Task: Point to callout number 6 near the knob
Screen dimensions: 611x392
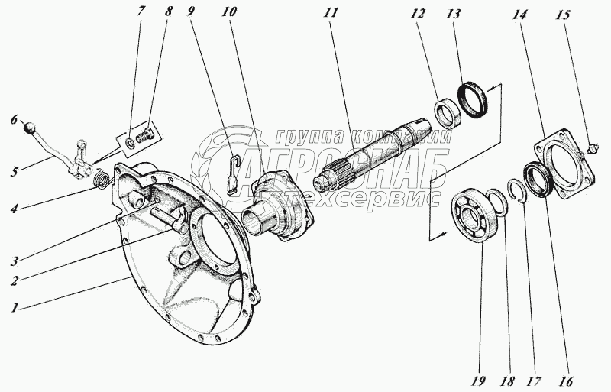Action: pyautogui.click(x=13, y=120)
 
